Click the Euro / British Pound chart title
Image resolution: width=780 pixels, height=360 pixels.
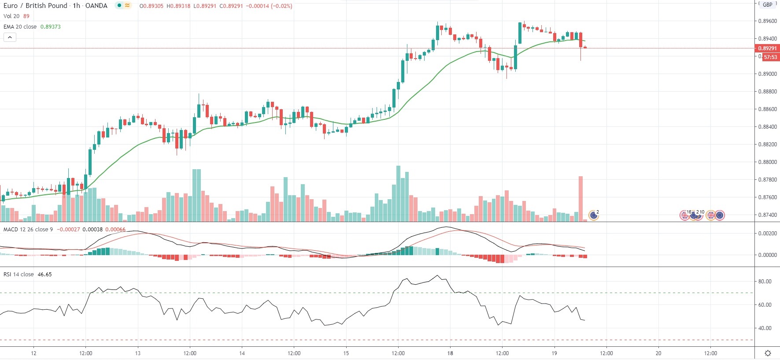55,6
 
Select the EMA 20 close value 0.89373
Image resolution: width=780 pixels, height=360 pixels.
51,27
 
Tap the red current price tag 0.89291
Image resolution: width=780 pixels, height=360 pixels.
767,48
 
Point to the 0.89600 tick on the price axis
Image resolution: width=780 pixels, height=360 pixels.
767,21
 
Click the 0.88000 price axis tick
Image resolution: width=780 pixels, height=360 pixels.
767,162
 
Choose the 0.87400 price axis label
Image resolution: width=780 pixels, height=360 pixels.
767,215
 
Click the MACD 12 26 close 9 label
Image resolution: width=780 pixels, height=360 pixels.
28,230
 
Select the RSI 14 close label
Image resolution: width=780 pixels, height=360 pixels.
18,275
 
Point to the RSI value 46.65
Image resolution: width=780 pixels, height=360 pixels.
45,275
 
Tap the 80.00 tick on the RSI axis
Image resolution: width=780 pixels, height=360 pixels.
765,282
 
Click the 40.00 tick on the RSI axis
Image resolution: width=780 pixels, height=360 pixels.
765,328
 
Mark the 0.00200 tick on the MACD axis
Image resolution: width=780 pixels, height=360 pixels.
767,234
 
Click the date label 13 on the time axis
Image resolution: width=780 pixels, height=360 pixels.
138,353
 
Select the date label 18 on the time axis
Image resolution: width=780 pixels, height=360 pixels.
450,353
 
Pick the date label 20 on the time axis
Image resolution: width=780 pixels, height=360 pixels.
658,353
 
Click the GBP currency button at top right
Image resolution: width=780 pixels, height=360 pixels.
768,4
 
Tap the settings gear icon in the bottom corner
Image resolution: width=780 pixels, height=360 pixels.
768,353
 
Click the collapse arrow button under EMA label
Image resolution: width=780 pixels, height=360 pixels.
10,37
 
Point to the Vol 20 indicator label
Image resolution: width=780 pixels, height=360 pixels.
11,16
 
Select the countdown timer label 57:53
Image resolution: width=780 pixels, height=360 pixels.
770,57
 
